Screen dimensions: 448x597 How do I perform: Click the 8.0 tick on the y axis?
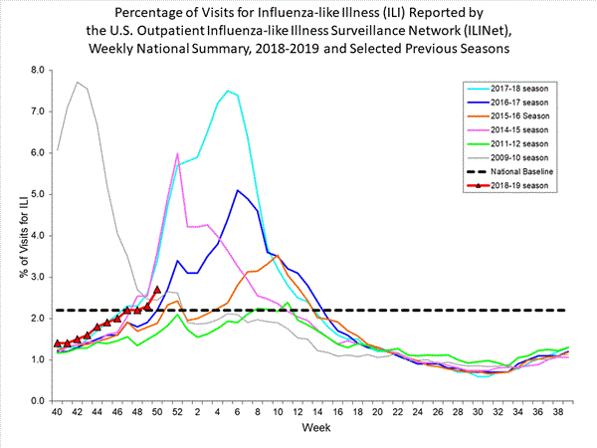(x=38, y=70)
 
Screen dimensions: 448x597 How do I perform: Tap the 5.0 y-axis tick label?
(x=38, y=194)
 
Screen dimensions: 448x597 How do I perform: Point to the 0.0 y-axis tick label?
(x=38, y=400)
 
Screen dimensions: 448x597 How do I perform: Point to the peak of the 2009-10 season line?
(x=78, y=82)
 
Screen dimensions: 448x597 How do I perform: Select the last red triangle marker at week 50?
(x=157, y=290)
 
